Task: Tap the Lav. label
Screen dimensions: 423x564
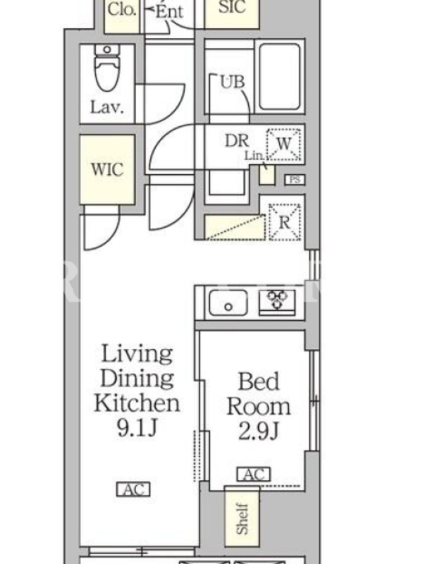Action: [107, 107]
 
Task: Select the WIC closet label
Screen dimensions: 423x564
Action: [107, 169]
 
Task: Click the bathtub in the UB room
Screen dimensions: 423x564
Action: [279, 76]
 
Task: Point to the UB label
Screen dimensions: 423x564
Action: [233, 82]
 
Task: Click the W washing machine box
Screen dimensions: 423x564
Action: [283, 144]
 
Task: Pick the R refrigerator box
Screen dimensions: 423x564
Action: [285, 222]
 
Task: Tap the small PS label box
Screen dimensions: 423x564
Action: [295, 180]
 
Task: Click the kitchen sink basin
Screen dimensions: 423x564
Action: [228, 302]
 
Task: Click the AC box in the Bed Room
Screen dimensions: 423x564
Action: [254, 474]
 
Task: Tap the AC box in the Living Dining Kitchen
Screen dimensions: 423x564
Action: [133, 489]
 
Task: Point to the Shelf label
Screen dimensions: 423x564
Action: [242, 518]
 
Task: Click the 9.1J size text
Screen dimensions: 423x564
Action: [137, 428]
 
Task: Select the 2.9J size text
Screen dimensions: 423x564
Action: [259, 431]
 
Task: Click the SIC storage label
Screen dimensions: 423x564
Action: [232, 7]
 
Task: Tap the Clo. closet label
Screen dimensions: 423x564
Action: [122, 9]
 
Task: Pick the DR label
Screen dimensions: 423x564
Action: [237, 140]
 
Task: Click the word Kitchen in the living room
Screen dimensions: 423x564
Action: [137, 403]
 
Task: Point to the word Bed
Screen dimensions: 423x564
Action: [259, 381]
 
